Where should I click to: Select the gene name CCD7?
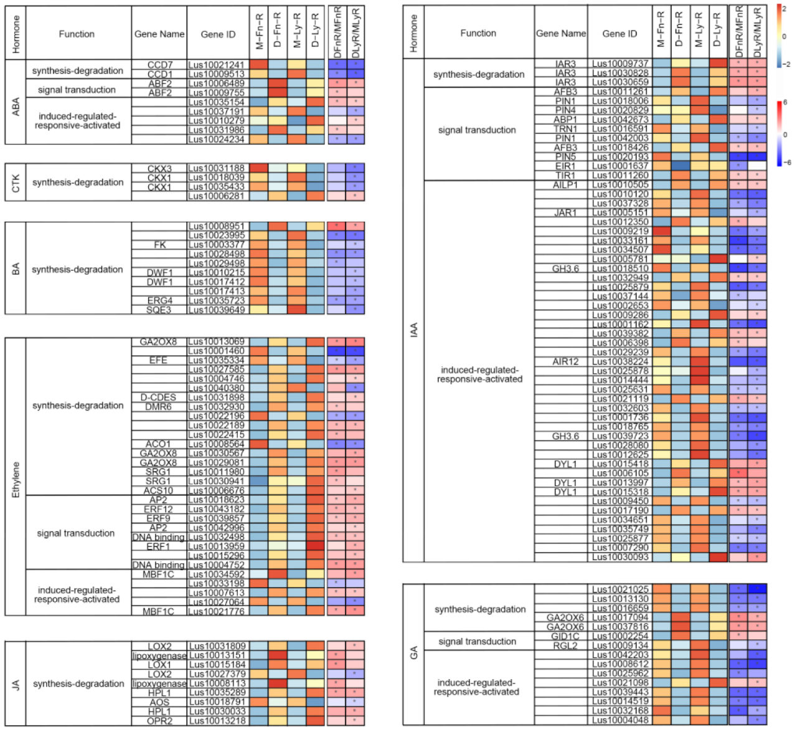pyautogui.click(x=159, y=65)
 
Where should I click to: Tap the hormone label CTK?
pyautogui.click(x=16, y=182)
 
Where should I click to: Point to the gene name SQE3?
pyautogui.click(x=159, y=310)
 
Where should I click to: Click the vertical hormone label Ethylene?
pyautogui.click(x=16, y=479)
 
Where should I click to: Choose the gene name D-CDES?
pyautogui.click(x=158, y=397)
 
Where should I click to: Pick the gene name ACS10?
pyautogui.click(x=158, y=490)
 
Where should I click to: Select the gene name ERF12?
pyautogui.click(x=158, y=509)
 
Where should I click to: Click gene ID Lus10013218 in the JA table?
pyautogui.click(x=217, y=721)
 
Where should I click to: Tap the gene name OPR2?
pyautogui.click(x=159, y=721)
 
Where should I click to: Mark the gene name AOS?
pyautogui.click(x=159, y=702)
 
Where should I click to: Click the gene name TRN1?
pyautogui.click(x=565, y=129)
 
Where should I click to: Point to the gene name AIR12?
pyautogui.click(x=565, y=362)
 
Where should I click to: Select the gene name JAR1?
pyautogui.click(x=565, y=213)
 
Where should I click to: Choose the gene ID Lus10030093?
pyautogui.click(x=620, y=557)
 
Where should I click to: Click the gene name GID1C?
pyautogui.click(x=565, y=636)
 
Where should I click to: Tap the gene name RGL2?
pyautogui.click(x=565, y=645)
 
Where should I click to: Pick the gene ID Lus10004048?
pyautogui.click(x=620, y=720)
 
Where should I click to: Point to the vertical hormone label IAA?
pyautogui.click(x=413, y=330)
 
